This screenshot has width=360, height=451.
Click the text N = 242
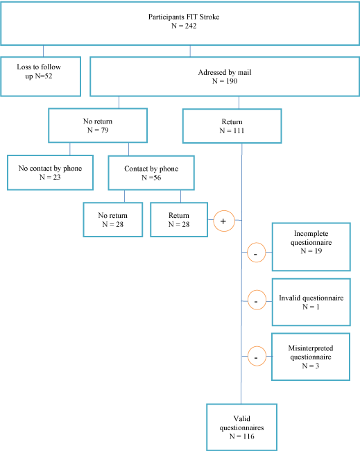click(184, 26)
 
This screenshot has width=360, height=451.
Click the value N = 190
click(225, 81)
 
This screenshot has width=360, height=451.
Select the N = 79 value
click(98, 130)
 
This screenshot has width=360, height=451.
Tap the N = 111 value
click(232, 130)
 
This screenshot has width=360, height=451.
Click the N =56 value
click(151, 178)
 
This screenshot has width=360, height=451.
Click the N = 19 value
click(311, 251)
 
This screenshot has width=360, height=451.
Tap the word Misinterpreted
click(311, 348)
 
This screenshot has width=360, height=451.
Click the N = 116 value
click(242, 436)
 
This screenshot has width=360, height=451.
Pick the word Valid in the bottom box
click(242, 418)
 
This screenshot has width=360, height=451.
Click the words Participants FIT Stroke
click(184, 17)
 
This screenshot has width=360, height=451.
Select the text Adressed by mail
click(225, 72)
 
